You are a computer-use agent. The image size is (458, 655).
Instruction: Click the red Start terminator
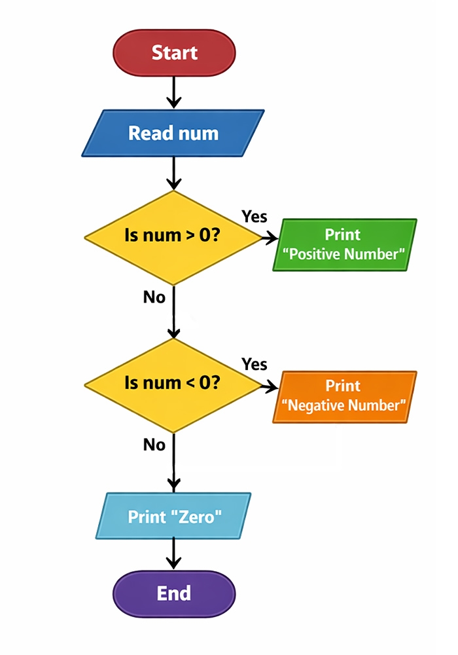174,52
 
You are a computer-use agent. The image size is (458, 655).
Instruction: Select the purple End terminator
174,593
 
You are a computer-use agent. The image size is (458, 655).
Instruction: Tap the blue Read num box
173,133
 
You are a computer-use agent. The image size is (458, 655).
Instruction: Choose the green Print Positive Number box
344,244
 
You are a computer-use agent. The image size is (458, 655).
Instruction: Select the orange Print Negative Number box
344,396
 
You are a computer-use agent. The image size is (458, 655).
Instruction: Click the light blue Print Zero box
173,516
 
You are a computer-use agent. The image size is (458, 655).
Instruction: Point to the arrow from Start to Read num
174,92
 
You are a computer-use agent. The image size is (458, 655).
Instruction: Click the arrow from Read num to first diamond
174,174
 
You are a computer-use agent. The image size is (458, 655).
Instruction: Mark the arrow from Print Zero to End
174,553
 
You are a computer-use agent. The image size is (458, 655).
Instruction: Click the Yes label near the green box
255,216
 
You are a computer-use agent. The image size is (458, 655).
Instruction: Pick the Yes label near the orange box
255,364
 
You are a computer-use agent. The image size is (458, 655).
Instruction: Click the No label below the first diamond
154,297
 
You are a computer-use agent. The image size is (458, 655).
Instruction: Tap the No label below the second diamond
154,445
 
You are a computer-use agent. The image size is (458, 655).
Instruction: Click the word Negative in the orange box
318,405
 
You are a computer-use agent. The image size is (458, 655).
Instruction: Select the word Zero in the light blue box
196,516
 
